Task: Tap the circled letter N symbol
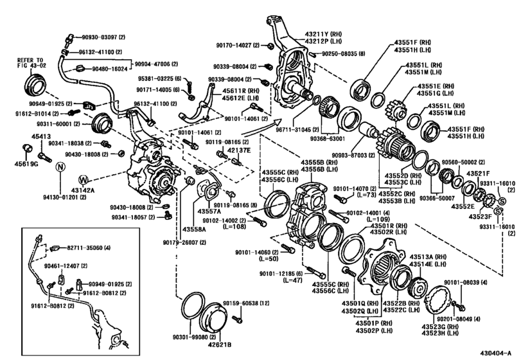(58, 167)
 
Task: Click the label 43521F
(479, 174)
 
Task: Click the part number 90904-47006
(156, 64)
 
